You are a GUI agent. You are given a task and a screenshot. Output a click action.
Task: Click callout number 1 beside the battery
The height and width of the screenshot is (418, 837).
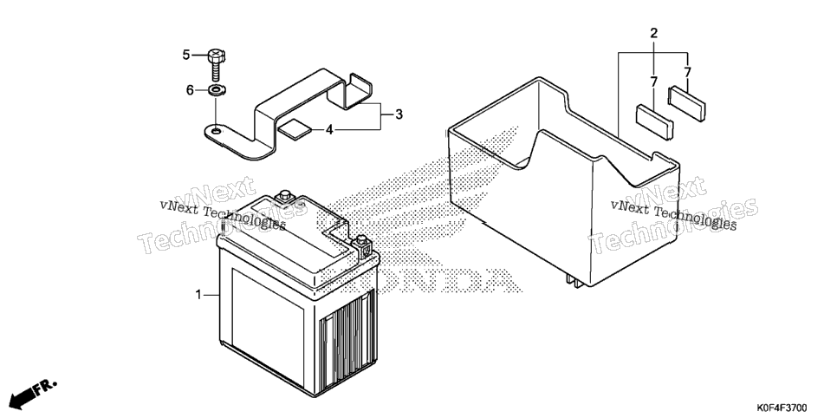pos(198,295)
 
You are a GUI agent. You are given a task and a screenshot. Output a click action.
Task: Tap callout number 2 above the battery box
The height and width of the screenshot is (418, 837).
pos(654,33)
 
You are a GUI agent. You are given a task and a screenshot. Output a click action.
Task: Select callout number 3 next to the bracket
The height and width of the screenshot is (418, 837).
pos(399,114)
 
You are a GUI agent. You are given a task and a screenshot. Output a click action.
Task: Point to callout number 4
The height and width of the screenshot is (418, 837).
pos(329,130)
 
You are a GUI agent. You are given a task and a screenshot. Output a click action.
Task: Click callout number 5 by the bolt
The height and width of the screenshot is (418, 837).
pos(186,55)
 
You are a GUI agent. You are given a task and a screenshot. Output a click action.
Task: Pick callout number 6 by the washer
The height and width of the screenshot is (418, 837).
pos(190,90)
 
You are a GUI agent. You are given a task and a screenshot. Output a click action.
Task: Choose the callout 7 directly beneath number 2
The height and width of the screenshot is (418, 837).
pos(653,82)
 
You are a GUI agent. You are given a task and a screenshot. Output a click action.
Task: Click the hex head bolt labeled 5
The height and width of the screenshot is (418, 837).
pos(216,64)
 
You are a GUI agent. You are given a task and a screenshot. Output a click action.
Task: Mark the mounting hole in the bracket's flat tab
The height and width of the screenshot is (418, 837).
pos(215,130)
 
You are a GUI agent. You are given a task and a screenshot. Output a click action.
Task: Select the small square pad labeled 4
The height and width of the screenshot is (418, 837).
pos(294,129)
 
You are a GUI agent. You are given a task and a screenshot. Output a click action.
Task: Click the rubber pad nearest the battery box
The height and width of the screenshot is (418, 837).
pos(654,122)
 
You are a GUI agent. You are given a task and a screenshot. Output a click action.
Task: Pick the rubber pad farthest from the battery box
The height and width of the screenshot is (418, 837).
pos(687,104)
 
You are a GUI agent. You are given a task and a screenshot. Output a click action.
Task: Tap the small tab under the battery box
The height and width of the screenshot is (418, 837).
pos(575,281)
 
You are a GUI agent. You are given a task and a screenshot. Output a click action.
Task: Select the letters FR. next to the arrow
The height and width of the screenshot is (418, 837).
pos(46,388)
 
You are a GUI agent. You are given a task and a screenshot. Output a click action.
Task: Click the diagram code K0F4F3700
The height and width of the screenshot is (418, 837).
pos(781,408)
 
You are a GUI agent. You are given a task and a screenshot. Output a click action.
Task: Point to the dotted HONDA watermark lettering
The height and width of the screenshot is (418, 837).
pos(449,279)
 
